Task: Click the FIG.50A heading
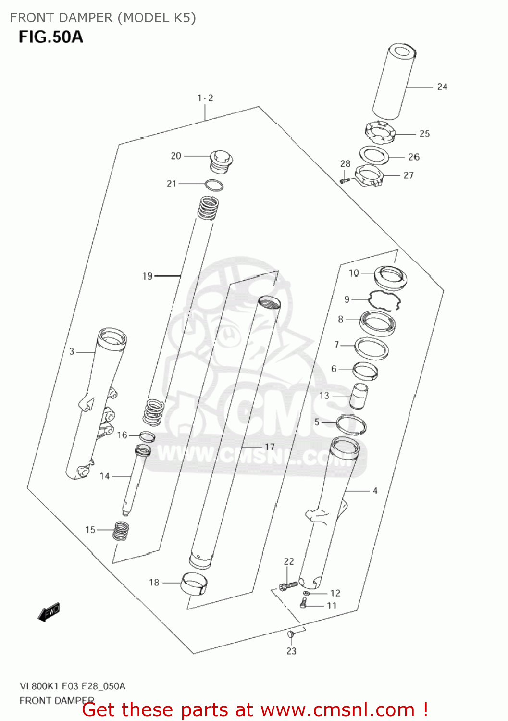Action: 51,37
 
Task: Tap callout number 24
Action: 442,87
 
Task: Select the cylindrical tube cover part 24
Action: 394,82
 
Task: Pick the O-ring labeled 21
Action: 214,185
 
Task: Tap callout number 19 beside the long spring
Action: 147,276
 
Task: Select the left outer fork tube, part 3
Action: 96,404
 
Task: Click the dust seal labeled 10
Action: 391,278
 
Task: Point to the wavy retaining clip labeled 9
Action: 384,301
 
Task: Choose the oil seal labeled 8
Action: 378,323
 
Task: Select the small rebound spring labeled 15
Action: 121,531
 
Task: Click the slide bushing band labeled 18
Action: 195,584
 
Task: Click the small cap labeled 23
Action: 290,635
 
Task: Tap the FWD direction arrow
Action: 49,612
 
